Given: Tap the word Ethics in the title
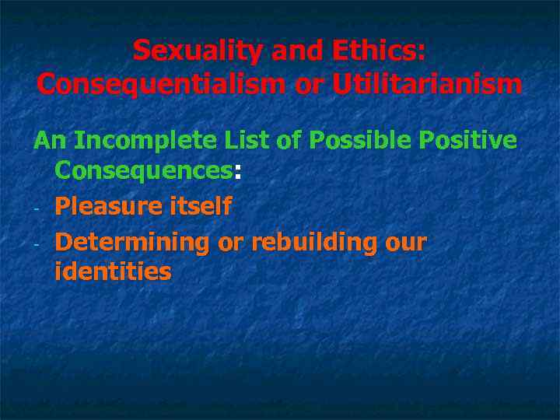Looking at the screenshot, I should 376,51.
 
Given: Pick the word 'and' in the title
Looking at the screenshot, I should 295,51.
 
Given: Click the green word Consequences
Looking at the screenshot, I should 143,171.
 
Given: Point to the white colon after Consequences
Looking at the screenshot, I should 237,173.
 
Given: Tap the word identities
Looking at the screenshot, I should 113,272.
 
